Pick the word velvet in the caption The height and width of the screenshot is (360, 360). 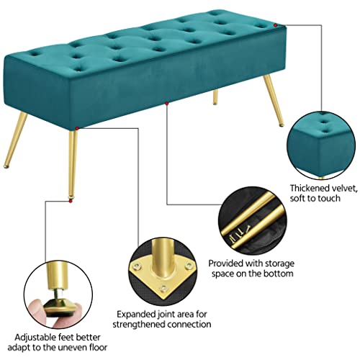(x=342, y=187)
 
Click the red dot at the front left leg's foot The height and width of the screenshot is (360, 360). (x=71, y=202)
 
